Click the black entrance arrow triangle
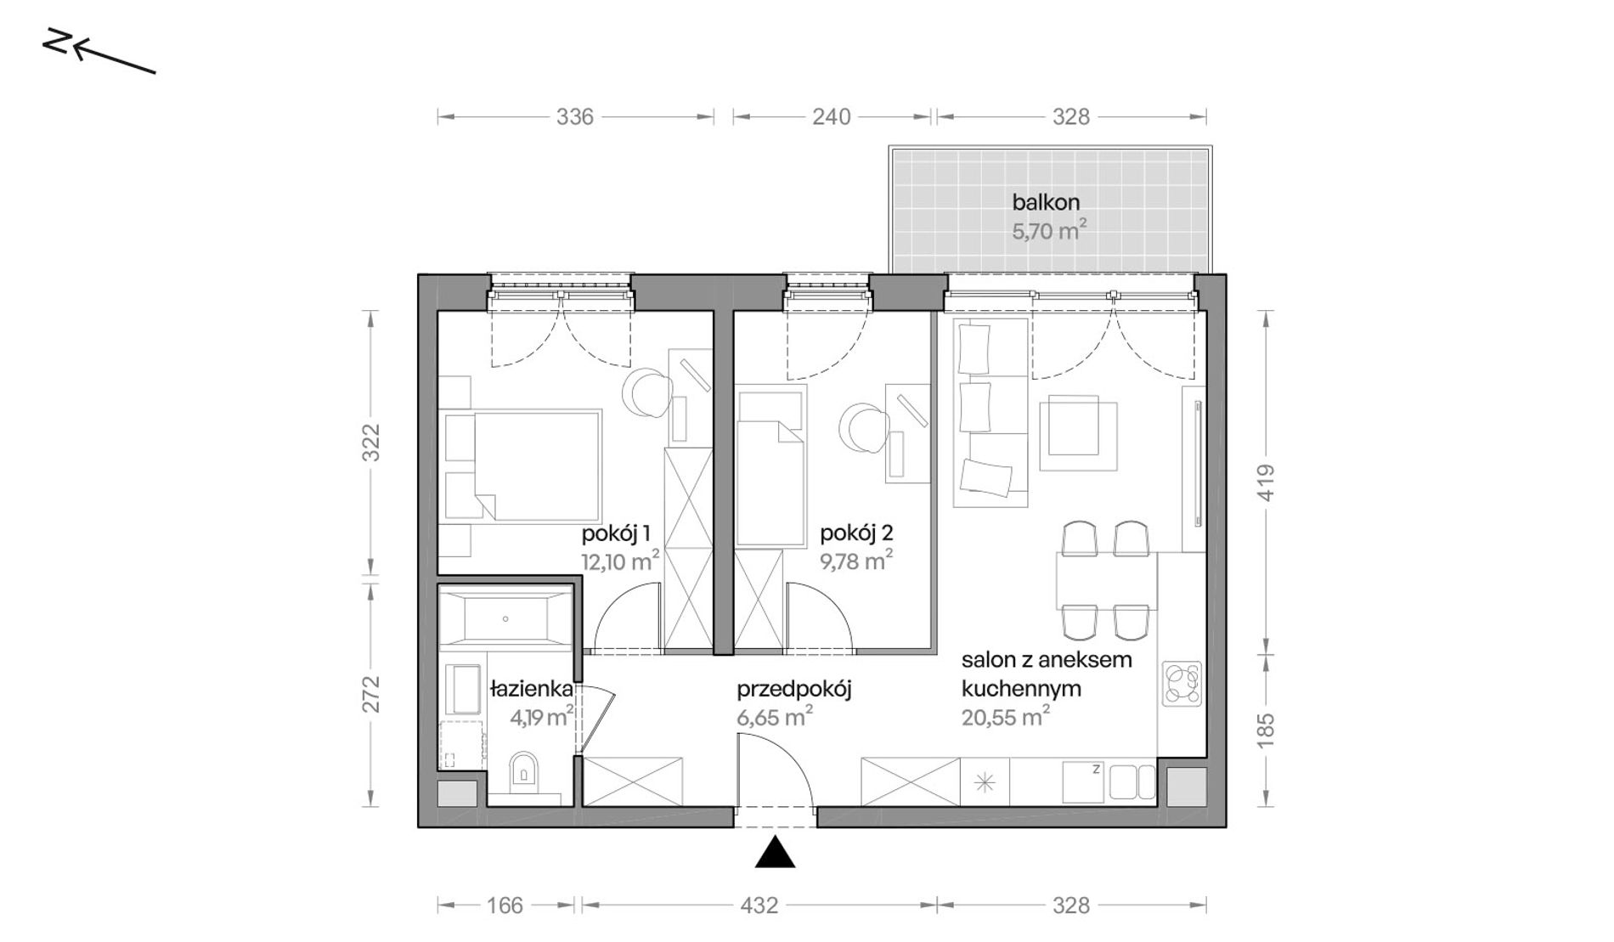pyautogui.click(x=776, y=853)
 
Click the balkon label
pyautogui.click(x=1046, y=202)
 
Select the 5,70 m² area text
pyautogui.click(x=1049, y=230)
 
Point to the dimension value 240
pyautogui.click(x=831, y=116)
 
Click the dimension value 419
pyautogui.click(x=1265, y=482)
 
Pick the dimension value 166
pyautogui.click(x=505, y=905)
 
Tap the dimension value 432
pyautogui.click(x=759, y=905)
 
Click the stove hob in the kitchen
pyautogui.click(x=1182, y=684)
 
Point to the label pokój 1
pyautogui.click(x=616, y=533)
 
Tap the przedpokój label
pyautogui.click(x=794, y=689)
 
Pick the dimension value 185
pyautogui.click(x=1265, y=730)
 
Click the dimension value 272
pyautogui.click(x=370, y=695)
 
